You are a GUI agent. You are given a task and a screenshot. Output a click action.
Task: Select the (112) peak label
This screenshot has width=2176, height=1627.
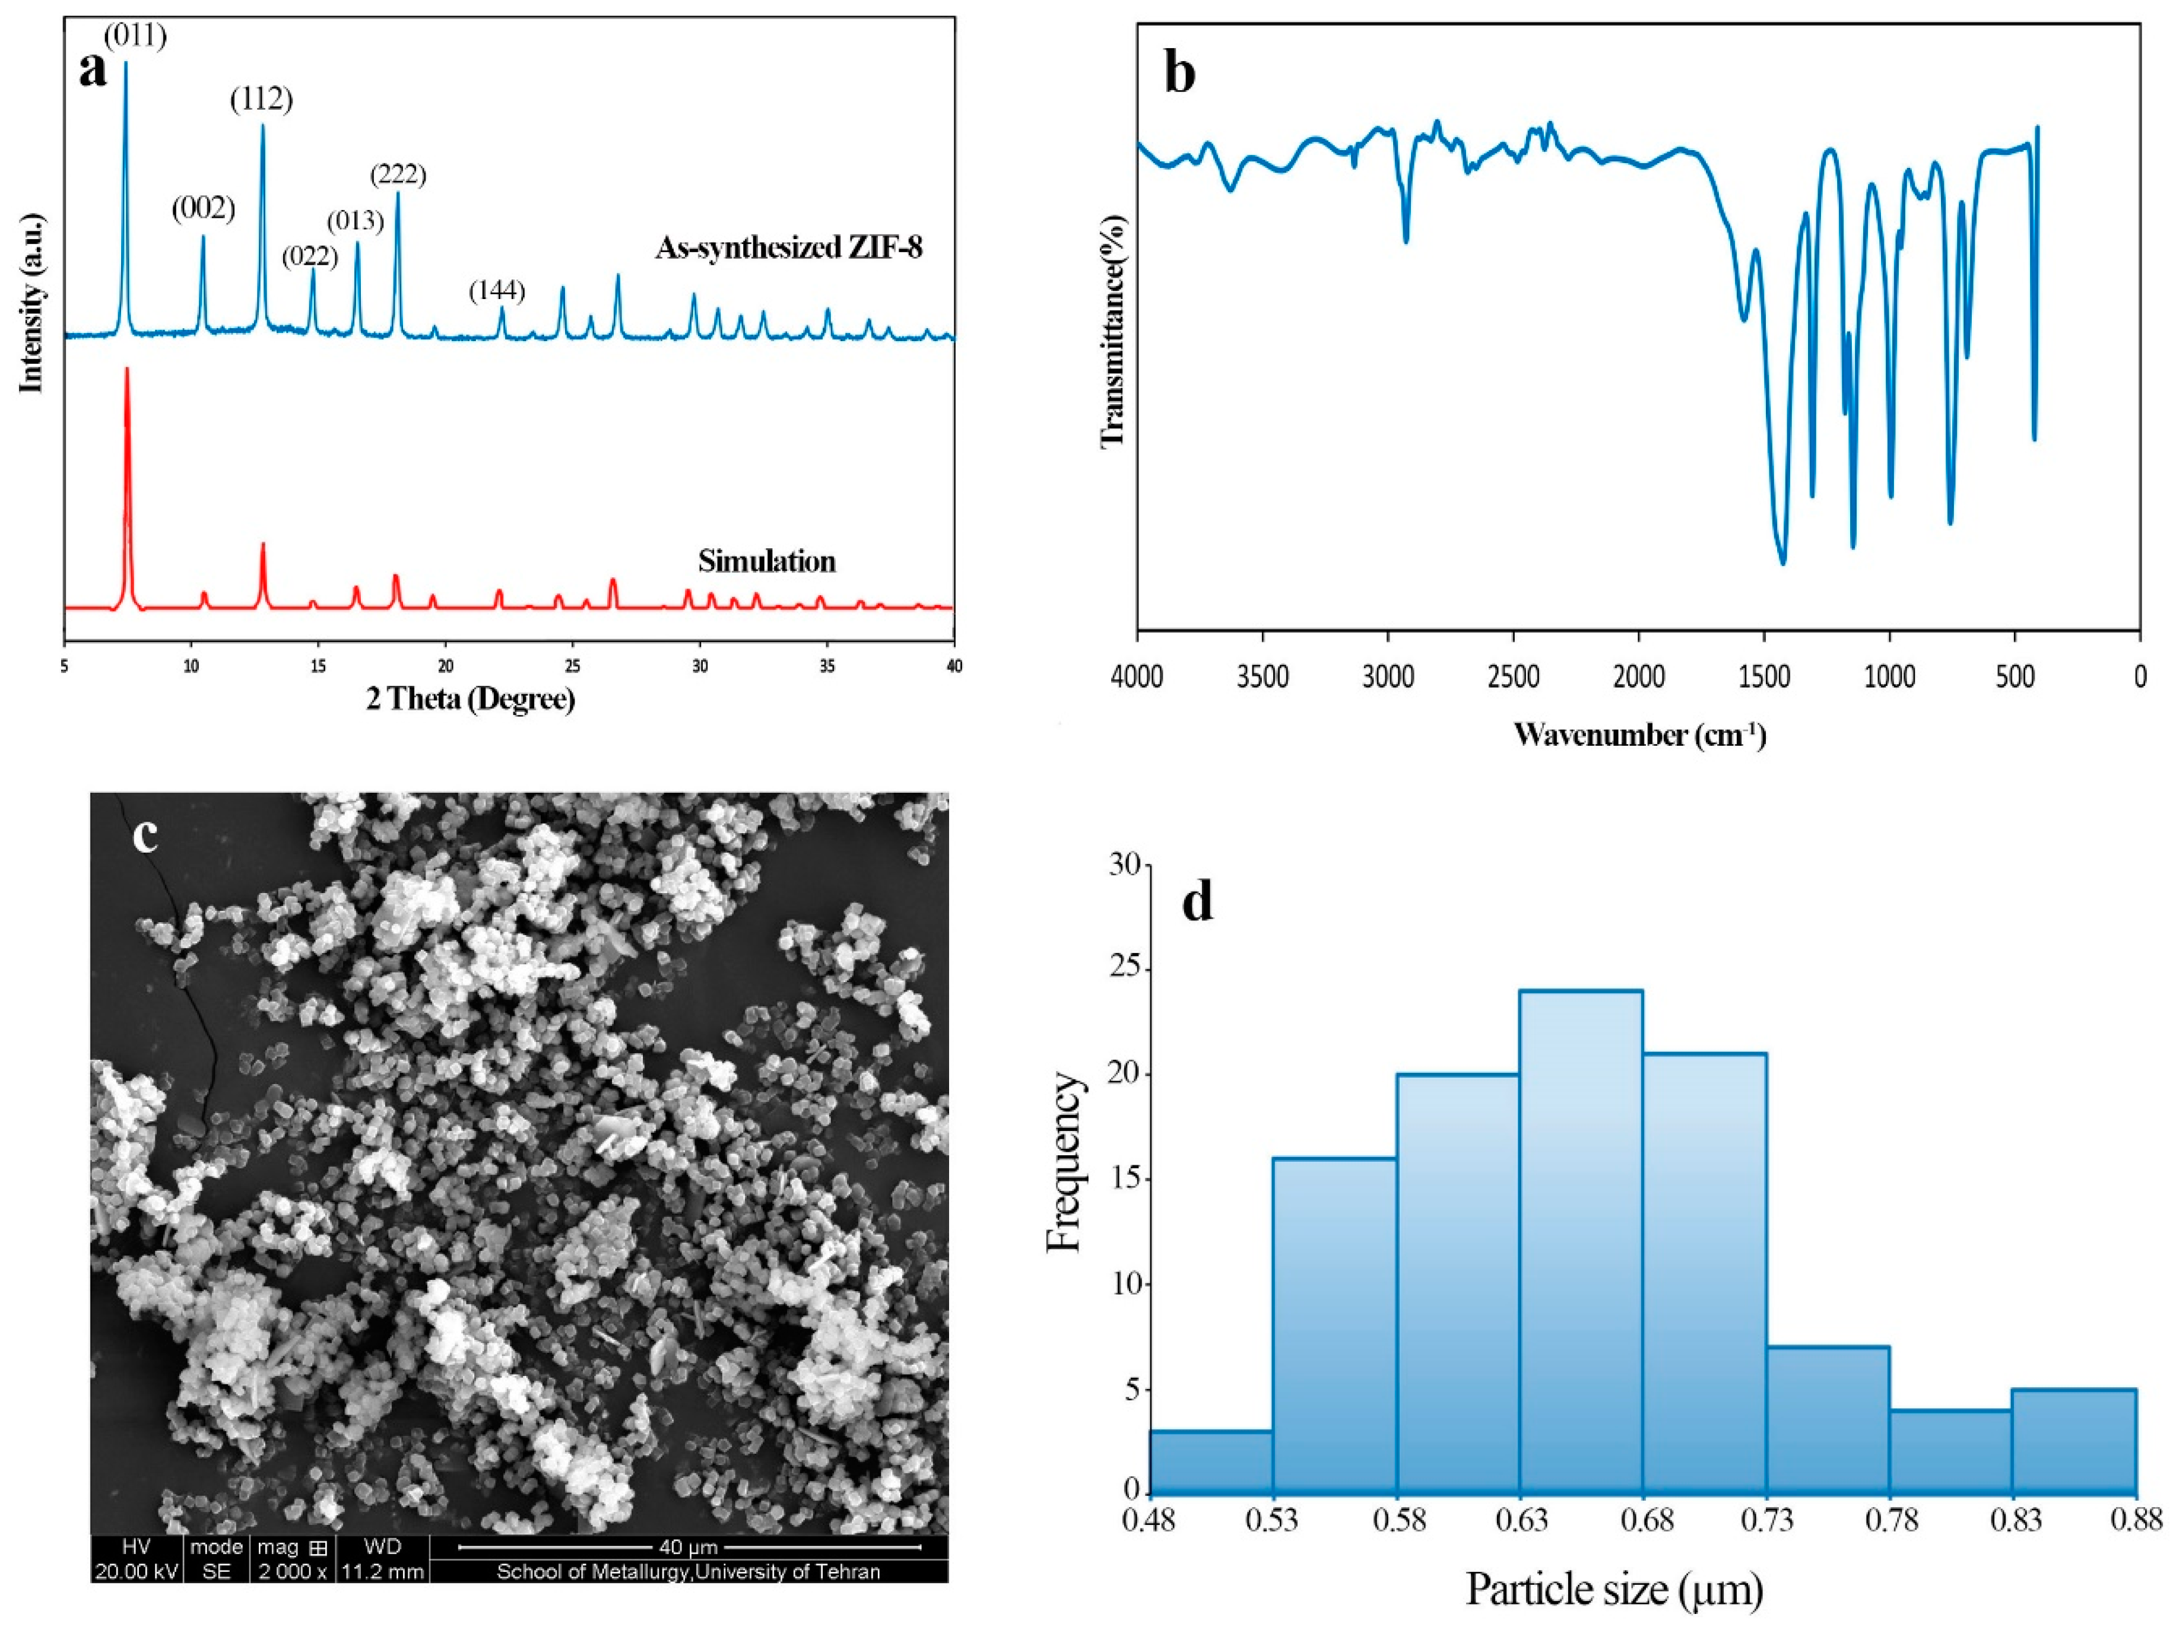[262, 99]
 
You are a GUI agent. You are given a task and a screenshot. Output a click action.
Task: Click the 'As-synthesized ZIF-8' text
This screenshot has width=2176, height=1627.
[789, 248]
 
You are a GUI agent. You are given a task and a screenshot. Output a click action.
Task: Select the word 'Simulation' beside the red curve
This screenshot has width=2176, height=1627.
[766, 562]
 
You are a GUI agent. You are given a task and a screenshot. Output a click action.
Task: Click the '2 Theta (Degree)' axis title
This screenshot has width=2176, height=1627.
[470, 700]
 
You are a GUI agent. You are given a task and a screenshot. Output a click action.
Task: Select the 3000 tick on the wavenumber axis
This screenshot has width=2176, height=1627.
[1388, 678]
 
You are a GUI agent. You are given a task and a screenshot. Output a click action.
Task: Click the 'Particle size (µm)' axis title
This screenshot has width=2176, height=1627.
[1613, 1588]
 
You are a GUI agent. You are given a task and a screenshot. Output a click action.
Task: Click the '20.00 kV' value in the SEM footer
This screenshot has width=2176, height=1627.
[136, 1572]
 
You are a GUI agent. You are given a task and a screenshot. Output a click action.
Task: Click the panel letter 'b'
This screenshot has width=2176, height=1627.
[1179, 74]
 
